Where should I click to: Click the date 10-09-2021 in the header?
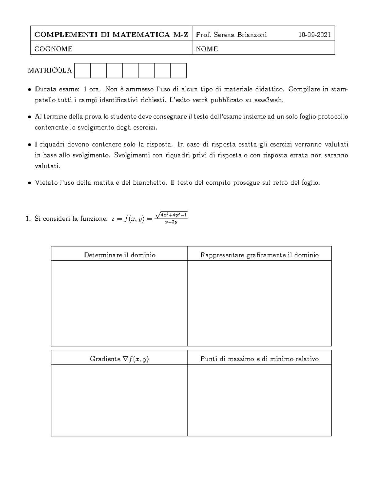[x=315, y=35]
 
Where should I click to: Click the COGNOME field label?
[x=53, y=49]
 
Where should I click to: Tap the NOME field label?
[x=207, y=49]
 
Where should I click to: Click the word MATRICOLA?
[x=50, y=70]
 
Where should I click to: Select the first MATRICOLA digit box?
[x=82, y=70]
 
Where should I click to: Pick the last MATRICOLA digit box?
[x=178, y=70]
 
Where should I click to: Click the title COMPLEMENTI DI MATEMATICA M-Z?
[x=111, y=35]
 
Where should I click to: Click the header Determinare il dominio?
[x=120, y=255]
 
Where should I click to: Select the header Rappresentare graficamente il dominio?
[x=259, y=255]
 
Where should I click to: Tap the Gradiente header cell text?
[x=119, y=359]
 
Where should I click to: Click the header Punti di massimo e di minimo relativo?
[x=259, y=359]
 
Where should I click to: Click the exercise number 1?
[x=28, y=219]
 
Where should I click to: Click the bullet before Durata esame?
[x=29, y=90]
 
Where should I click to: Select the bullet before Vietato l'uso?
[x=29, y=183]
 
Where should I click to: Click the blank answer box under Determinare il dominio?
[x=120, y=303]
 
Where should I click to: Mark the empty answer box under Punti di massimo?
[x=259, y=400]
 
